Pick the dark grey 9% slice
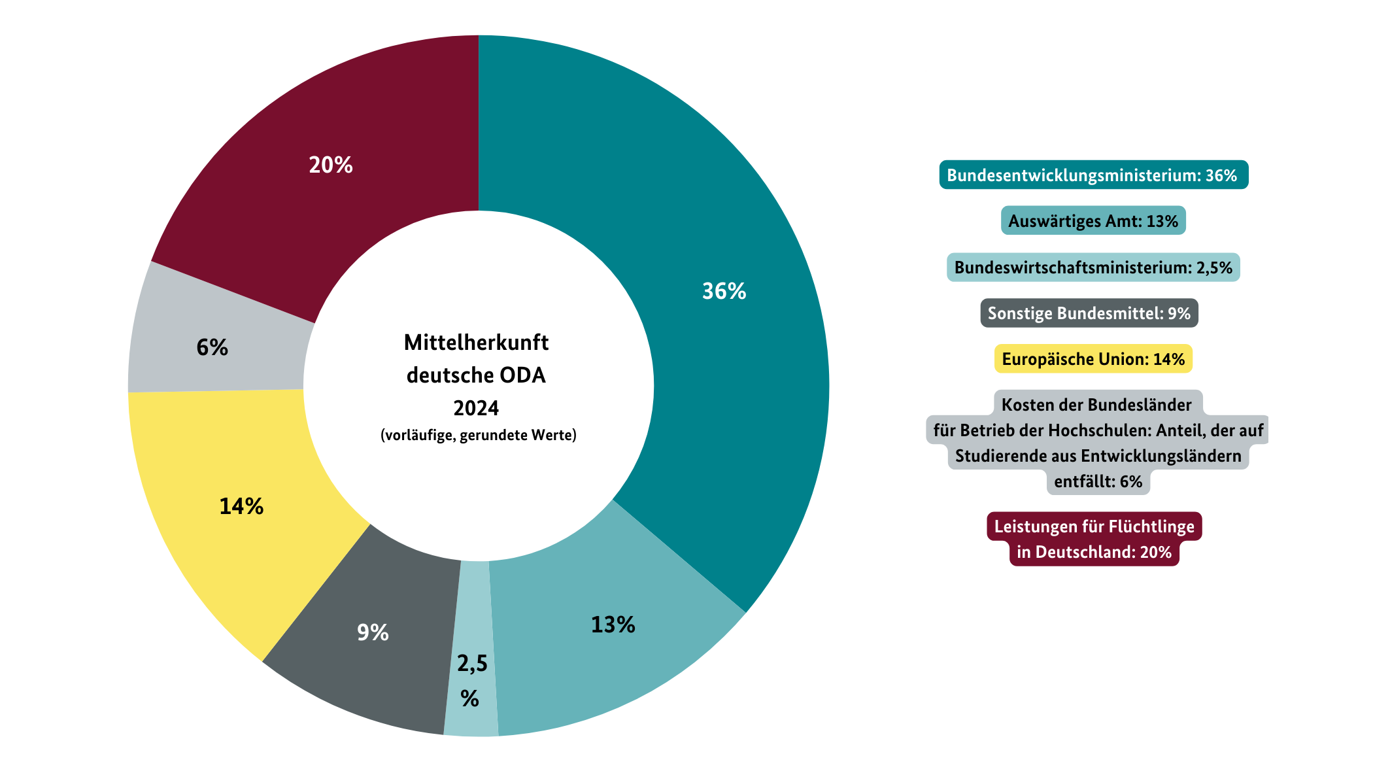(373, 647)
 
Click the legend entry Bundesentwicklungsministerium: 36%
(1093, 175)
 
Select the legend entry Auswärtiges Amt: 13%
(1093, 221)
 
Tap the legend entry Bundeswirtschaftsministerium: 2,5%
(1093, 267)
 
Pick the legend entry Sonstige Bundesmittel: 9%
(1089, 313)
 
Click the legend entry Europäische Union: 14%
(1093, 359)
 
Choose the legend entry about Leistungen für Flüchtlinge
(1094, 539)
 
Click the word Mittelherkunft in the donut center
(476, 343)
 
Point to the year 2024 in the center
(476, 408)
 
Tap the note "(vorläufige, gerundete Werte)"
(479, 435)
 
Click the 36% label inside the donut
(724, 291)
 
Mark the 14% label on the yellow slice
(241, 506)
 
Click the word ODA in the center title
(522, 375)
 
